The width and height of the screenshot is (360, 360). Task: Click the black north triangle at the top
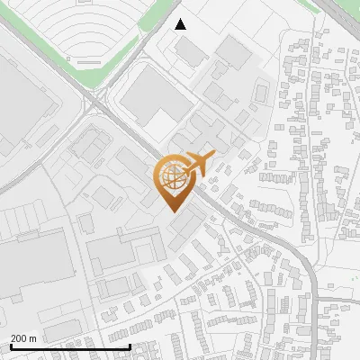[181, 24]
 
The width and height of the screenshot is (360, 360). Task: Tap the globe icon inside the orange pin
[172, 176]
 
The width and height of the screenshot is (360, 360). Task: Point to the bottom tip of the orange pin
[172, 211]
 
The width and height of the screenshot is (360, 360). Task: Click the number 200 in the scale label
[19, 338]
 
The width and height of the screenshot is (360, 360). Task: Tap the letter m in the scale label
[33, 338]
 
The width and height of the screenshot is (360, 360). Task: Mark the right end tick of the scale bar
[130, 346]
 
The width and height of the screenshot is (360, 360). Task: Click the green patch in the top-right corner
[347, 13]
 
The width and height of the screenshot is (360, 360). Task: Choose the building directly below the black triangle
[190, 51]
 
